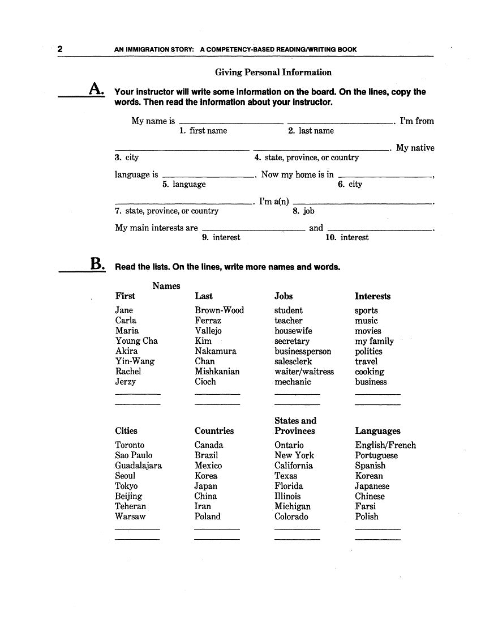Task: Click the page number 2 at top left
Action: [60, 49]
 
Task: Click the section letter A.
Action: [96, 90]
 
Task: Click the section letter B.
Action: [97, 264]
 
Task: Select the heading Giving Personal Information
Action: [273, 72]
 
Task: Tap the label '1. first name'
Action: [203, 131]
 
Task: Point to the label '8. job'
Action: [303, 211]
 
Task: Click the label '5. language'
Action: [184, 184]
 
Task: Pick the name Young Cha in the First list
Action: [136, 341]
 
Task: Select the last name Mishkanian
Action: [217, 372]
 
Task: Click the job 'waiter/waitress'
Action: [304, 372]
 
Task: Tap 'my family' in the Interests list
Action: [374, 341]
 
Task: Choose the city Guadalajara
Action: [138, 466]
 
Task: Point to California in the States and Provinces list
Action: [294, 466]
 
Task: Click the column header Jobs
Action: [284, 296]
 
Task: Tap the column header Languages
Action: [377, 431]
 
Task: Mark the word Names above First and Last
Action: [166, 286]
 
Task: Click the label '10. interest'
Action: [347, 237]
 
